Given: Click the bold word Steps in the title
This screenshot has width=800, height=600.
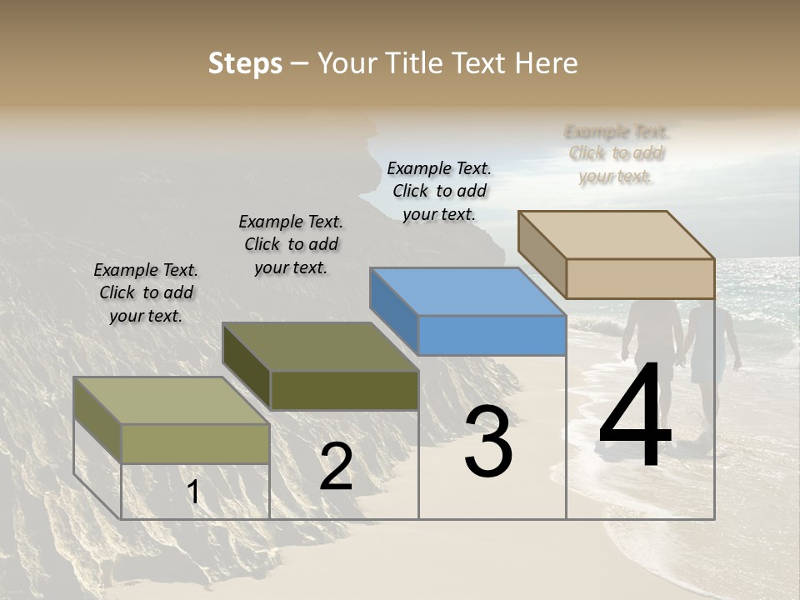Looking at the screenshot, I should coord(245,63).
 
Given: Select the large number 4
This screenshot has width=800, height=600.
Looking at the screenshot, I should coord(635,417).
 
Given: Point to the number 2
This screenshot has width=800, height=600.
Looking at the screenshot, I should coord(336,467).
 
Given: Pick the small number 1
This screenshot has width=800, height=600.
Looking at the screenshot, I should coord(193,492).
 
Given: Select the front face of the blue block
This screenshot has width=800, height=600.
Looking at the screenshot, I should coord(492,336).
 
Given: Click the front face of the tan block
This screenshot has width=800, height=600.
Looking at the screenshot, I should coord(640,278).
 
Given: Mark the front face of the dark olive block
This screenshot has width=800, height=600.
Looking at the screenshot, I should coord(344,390).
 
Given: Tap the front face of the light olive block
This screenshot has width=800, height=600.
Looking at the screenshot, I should coord(196,443).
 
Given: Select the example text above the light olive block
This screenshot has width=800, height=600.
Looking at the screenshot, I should coord(146,292).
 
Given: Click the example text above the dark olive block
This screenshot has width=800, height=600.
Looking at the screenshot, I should coord(291,244).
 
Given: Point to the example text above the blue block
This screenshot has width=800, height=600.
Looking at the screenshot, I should coord(439,191).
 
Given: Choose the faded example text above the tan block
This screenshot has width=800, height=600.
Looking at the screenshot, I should coord(617,153).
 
